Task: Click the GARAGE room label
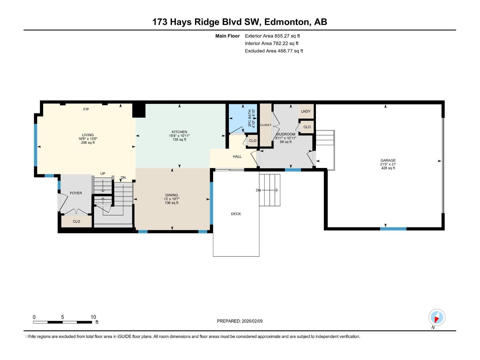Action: [388, 160]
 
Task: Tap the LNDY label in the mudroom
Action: [306, 111]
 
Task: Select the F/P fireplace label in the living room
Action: [86, 109]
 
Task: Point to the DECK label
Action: [236, 214]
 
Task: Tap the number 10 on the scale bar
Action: [93, 317]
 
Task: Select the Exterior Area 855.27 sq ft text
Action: [272, 36]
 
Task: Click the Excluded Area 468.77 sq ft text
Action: [274, 51]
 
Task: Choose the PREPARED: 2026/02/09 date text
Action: [240, 321]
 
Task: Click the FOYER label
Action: [76, 193]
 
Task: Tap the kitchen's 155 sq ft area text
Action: [179, 139]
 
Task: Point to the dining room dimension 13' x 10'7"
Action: [172, 199]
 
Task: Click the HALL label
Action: [237, 157]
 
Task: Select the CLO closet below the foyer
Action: [76, 221]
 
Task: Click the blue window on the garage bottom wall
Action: [393, 229]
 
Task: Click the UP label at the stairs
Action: [103, 174]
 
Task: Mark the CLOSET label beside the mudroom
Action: [265, 125]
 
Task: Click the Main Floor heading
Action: [227, 36]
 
